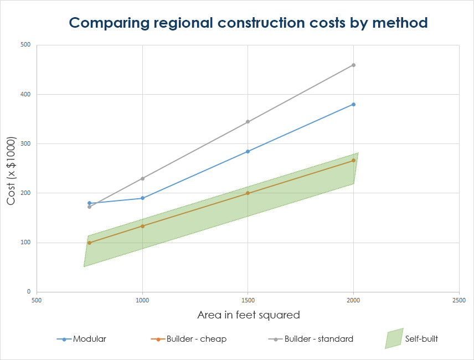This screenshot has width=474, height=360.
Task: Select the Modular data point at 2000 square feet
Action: pos(353,104)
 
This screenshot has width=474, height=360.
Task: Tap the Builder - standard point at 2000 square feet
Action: pos(353,65)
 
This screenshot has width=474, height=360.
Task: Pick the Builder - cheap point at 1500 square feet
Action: pos(248,193)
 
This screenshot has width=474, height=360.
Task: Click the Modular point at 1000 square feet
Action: pos(142,198)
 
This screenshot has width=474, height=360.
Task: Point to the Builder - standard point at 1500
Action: pos(248,122)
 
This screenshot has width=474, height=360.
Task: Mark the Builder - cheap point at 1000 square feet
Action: pos(142,226)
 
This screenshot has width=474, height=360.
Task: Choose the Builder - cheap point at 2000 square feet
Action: pos(353,160)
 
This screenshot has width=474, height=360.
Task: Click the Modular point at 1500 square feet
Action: pos(248,151)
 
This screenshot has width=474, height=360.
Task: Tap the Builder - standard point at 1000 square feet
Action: pos(142,178)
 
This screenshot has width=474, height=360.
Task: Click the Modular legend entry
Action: pos(81,339)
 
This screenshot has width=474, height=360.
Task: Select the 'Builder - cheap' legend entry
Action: pos(188,339)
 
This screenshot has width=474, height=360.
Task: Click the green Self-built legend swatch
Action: pos(394,339)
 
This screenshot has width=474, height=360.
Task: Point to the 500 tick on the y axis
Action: pos(25,45)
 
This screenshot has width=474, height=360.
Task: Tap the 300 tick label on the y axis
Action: pos(25,143)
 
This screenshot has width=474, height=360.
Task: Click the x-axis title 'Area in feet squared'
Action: pos(249,315)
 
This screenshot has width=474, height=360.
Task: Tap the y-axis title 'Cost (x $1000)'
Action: pos(12,171)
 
